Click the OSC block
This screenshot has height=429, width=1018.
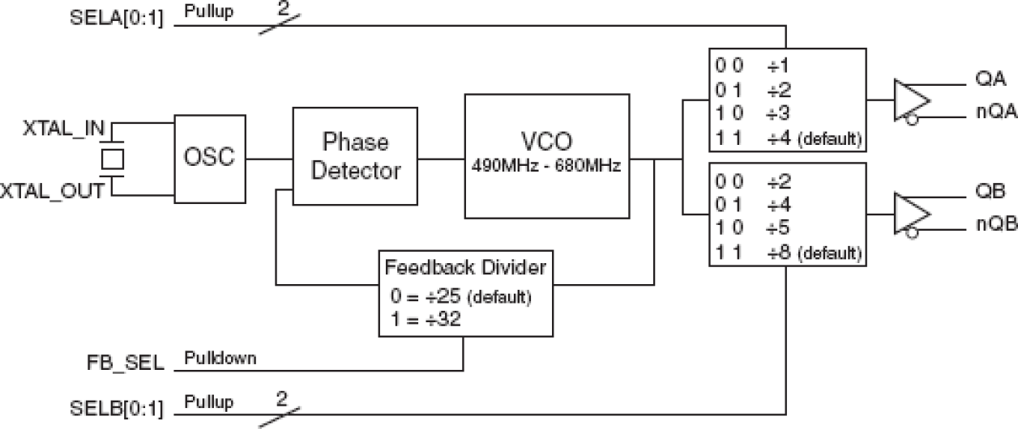210,157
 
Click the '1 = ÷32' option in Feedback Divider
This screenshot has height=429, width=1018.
426,318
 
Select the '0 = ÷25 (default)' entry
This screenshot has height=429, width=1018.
460,296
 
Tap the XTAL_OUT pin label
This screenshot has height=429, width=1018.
52,191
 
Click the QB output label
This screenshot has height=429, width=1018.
990,193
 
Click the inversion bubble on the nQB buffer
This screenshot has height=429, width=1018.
912,234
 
